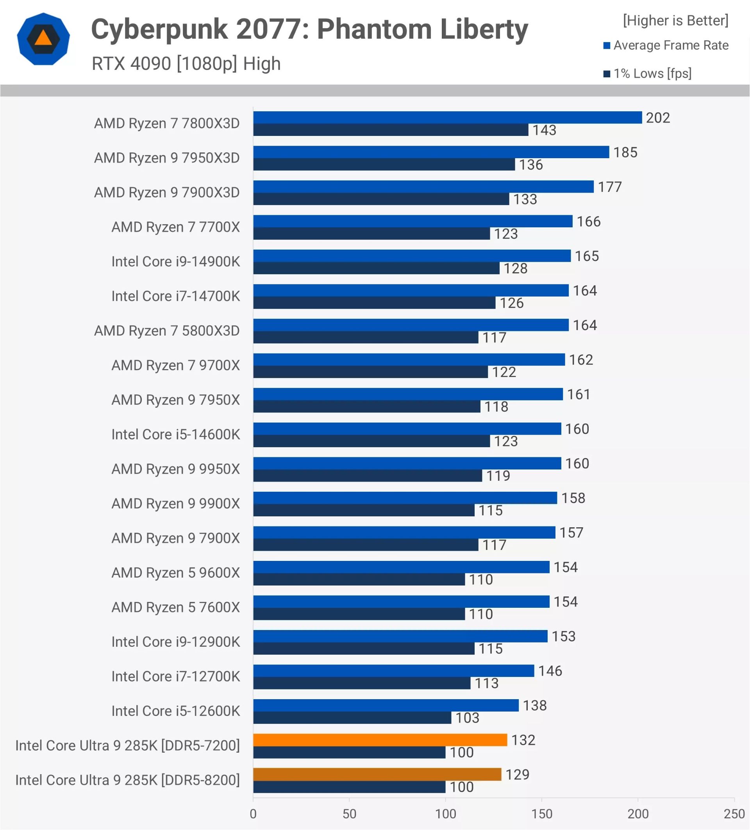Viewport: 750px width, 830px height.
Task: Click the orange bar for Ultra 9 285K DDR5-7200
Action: [x=380, y=740]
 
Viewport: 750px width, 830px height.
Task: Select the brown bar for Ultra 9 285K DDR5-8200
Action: [x=377, y=775]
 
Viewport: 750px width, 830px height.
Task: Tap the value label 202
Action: [x=657, y=118]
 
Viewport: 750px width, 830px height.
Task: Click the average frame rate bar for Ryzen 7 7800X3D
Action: [x=447, y=117]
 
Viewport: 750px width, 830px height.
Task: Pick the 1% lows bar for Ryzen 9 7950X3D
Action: [x=384, y=164]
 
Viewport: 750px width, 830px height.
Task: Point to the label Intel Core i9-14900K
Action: [x=175, y=261]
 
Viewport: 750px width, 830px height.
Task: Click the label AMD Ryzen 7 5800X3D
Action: [x=167, y=330]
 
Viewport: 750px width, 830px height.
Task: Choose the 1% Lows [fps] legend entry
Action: [x=652, y=74]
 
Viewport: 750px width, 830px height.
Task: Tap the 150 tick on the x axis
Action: [x=541, y=814]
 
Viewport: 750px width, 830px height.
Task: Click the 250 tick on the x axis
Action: [x=734, y=814]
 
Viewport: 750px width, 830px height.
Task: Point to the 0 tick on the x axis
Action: [x=253, y=814]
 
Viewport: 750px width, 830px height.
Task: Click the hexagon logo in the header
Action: [x=43, y=39]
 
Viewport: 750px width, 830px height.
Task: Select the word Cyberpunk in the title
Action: [x=159, y=30]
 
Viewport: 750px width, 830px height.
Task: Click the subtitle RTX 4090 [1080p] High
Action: [x=186, y=64]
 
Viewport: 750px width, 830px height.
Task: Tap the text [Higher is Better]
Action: [x=675, y=21]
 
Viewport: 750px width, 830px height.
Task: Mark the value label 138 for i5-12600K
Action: [x=534, y=705]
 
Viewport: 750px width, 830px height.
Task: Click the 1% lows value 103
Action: [x=467, y=718]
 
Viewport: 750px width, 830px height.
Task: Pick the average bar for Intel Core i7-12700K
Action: [x=393, y=671]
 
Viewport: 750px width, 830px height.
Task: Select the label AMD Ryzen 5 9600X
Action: [x=175, y=573]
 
